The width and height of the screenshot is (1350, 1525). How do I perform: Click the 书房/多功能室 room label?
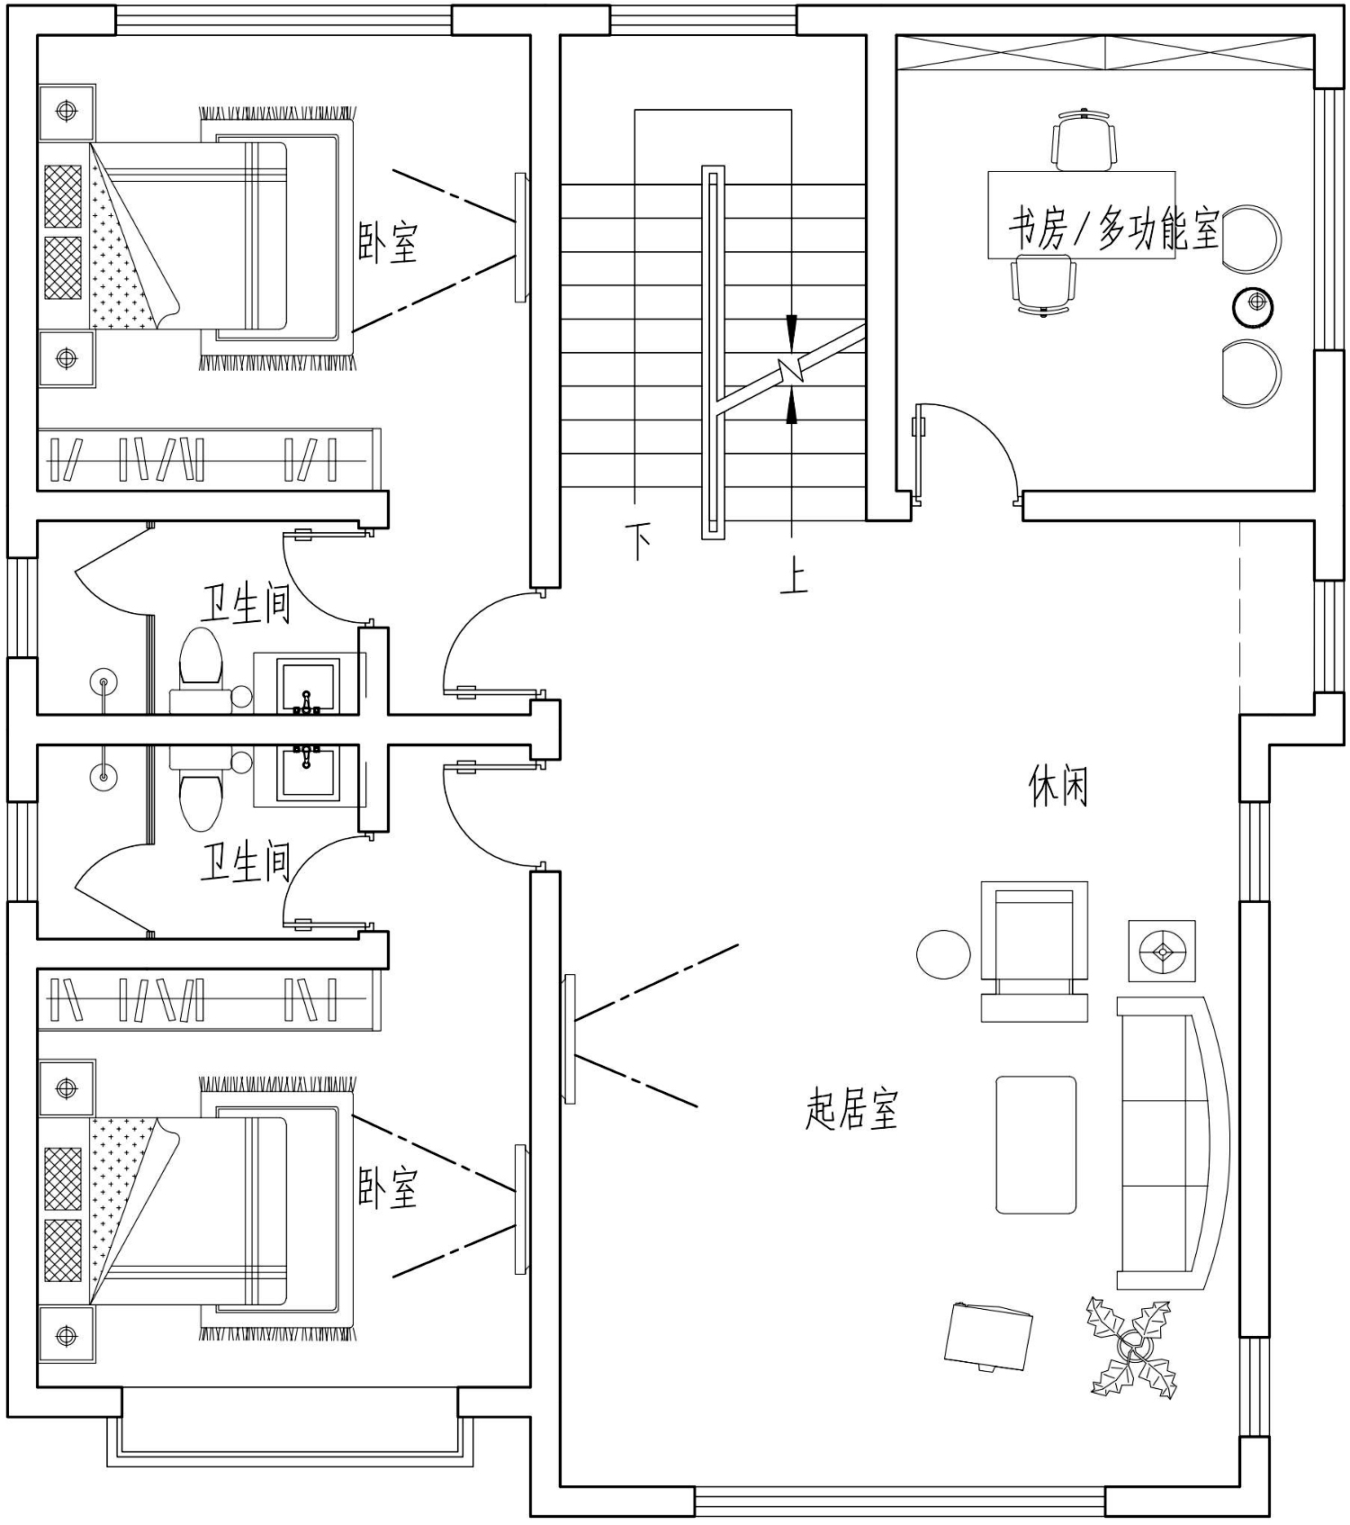(x=1113, y=230)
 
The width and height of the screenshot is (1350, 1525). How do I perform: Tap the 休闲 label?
(x=1058, y=785)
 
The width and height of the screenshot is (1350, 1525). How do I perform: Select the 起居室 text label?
(x=851, y=1108)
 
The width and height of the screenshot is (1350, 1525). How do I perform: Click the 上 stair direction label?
(x=793, y=577)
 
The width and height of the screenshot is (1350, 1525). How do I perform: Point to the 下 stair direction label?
(x=639, y=542)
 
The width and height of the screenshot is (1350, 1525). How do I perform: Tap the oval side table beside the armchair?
(x=943, y=954)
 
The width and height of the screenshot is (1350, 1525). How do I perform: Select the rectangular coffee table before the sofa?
(x=1036, y=1144)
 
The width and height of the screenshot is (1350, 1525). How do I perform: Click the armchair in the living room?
(x=1034, y=952)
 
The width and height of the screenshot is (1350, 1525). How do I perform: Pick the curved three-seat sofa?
(x=1173, y=1143)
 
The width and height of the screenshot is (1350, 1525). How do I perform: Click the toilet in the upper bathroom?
(x=201, y=664)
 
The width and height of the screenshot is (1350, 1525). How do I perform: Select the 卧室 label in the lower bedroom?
(x=388, y=1187)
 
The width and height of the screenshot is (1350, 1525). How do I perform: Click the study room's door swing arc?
(x=986, y=430)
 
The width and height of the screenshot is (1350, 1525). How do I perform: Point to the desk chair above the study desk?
(x=1084, y=139)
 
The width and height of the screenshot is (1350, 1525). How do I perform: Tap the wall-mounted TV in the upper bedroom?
(x=520, y=238)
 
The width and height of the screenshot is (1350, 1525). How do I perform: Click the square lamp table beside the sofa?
(x=1162, y=951)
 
